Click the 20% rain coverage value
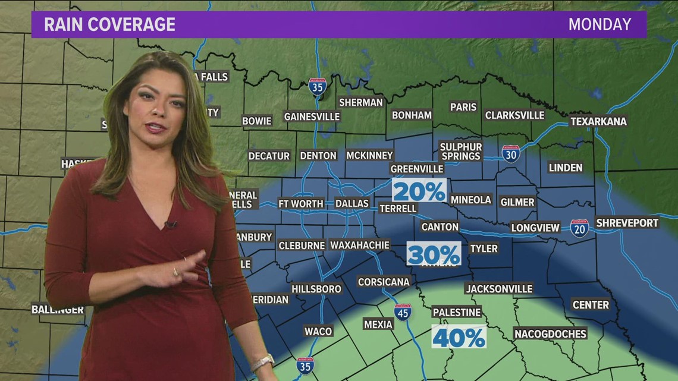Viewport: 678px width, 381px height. coord(419,191)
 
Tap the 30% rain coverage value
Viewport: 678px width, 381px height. coord(434,254)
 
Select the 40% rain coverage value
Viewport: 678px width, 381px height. coord(459,337)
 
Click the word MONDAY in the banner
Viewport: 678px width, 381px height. coord(599,24)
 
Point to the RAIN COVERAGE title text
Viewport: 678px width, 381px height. coord(110,24)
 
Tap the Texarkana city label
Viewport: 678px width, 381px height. coord(598,121)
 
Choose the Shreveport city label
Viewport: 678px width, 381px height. coord(627,222)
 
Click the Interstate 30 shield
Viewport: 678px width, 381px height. coord(510,154)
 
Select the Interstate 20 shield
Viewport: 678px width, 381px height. coord(579,228)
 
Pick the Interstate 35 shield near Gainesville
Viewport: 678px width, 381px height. coord(318,87)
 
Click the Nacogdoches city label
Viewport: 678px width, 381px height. coord(550,333)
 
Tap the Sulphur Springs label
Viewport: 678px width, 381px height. coord(461,151)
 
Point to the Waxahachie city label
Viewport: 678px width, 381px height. coord(360,245)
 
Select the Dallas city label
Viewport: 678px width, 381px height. coord(352,203)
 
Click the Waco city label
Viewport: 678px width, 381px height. coord(318,331)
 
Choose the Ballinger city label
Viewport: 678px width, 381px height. coord(58,309)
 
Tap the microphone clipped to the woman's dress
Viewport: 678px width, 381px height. coord(171,224)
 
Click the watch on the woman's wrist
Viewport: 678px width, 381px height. coord(262,362)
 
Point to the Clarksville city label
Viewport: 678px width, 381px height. coord(514,115)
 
